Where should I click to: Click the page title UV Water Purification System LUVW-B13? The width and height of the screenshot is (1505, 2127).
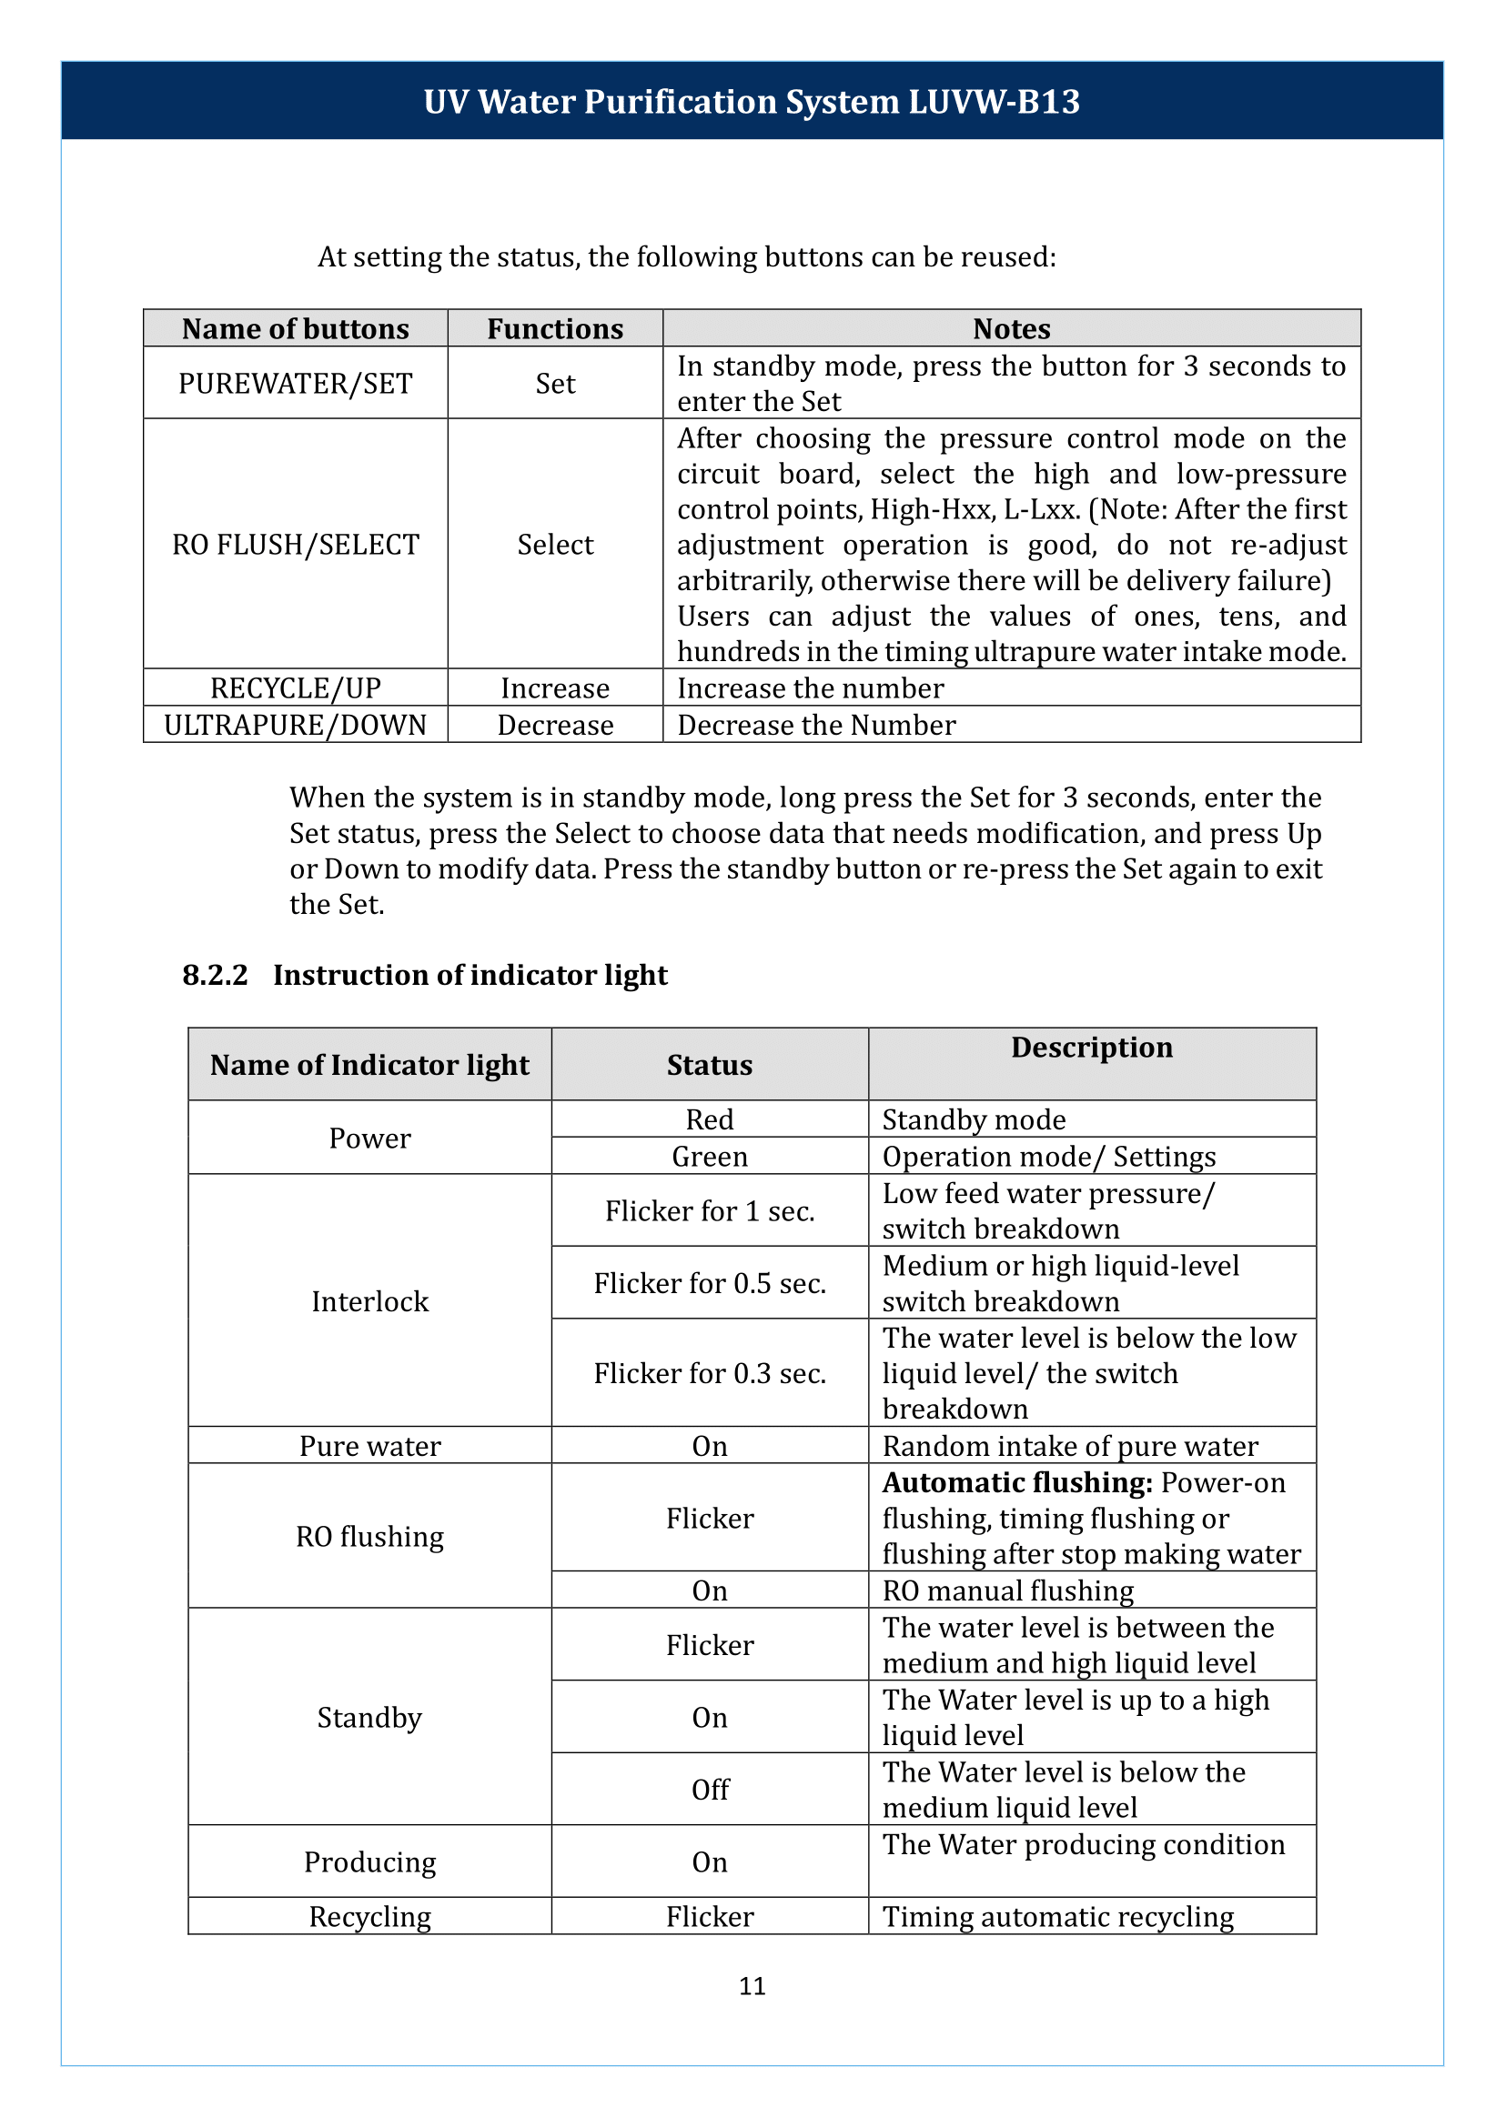click(x=752, y=102)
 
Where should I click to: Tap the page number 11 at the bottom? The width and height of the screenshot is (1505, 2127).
click(x=752, y=1985)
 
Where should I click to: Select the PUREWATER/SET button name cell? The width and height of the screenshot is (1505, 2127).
click(x=295, y=384)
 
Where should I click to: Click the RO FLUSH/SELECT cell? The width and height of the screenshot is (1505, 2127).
click(x=295, y=545)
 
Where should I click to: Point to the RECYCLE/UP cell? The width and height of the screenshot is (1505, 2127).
click(x=295, y=688)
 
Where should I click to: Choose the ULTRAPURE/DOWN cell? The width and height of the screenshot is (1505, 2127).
click(x=295, y=726)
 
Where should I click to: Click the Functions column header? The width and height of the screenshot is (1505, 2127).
click(x=555, y=329)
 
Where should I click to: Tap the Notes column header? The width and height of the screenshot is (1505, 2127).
click(x=1011, y=329)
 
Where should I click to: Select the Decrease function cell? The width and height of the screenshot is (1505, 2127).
click(x=555, y=726)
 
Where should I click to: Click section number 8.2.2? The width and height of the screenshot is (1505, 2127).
click(x=215, y=976)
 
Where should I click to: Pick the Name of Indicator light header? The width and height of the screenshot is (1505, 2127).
click(x=369, y=1066)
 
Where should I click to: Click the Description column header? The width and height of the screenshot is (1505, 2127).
click(x=1092, y=1048)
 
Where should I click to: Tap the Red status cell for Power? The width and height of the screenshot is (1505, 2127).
click(x=709, y=1120)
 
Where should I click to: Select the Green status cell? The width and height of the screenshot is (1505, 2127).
click(x=709, y=1157)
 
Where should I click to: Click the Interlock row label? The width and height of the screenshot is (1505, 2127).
click(x=369, y=1301)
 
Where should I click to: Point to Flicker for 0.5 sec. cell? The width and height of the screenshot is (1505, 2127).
click(x=709, y=1284)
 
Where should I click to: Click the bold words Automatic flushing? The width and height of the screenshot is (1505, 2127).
click(x=1016, y=1483)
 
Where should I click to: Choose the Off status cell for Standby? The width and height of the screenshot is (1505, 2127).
click(x=709, y=1790)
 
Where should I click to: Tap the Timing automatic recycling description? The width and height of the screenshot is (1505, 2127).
click(x=1057, y=1917)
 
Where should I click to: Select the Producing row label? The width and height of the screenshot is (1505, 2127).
click(x=369, y=1862)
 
